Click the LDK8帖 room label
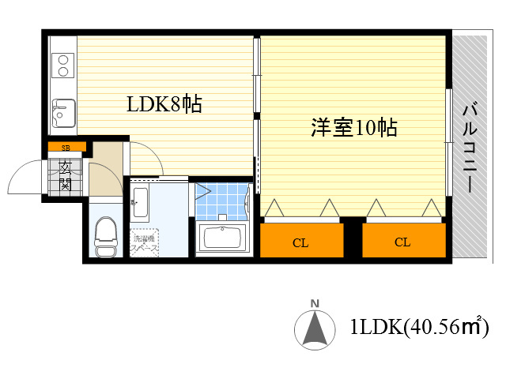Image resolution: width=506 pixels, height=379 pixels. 164,103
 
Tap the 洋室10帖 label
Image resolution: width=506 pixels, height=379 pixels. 353,128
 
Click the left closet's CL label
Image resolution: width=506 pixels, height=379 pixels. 300,242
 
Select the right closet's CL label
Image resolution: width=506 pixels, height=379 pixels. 402,242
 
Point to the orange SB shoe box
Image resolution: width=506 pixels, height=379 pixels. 66,148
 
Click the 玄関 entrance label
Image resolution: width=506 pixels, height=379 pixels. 66,175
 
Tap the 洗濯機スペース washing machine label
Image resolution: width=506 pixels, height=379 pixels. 145,244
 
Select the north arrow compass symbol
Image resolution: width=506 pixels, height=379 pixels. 314,330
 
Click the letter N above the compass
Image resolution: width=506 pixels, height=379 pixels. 315,303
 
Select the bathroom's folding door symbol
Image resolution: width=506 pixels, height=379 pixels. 203,190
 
